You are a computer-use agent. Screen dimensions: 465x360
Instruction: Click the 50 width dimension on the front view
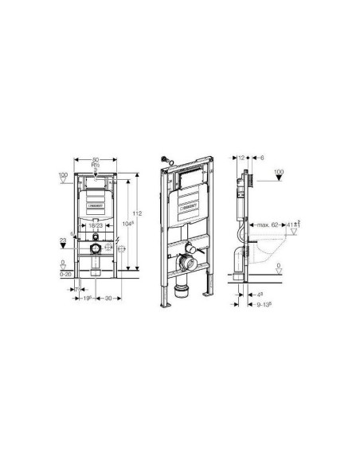coord(96,161)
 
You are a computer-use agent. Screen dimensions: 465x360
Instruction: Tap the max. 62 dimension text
coord(264,226)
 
